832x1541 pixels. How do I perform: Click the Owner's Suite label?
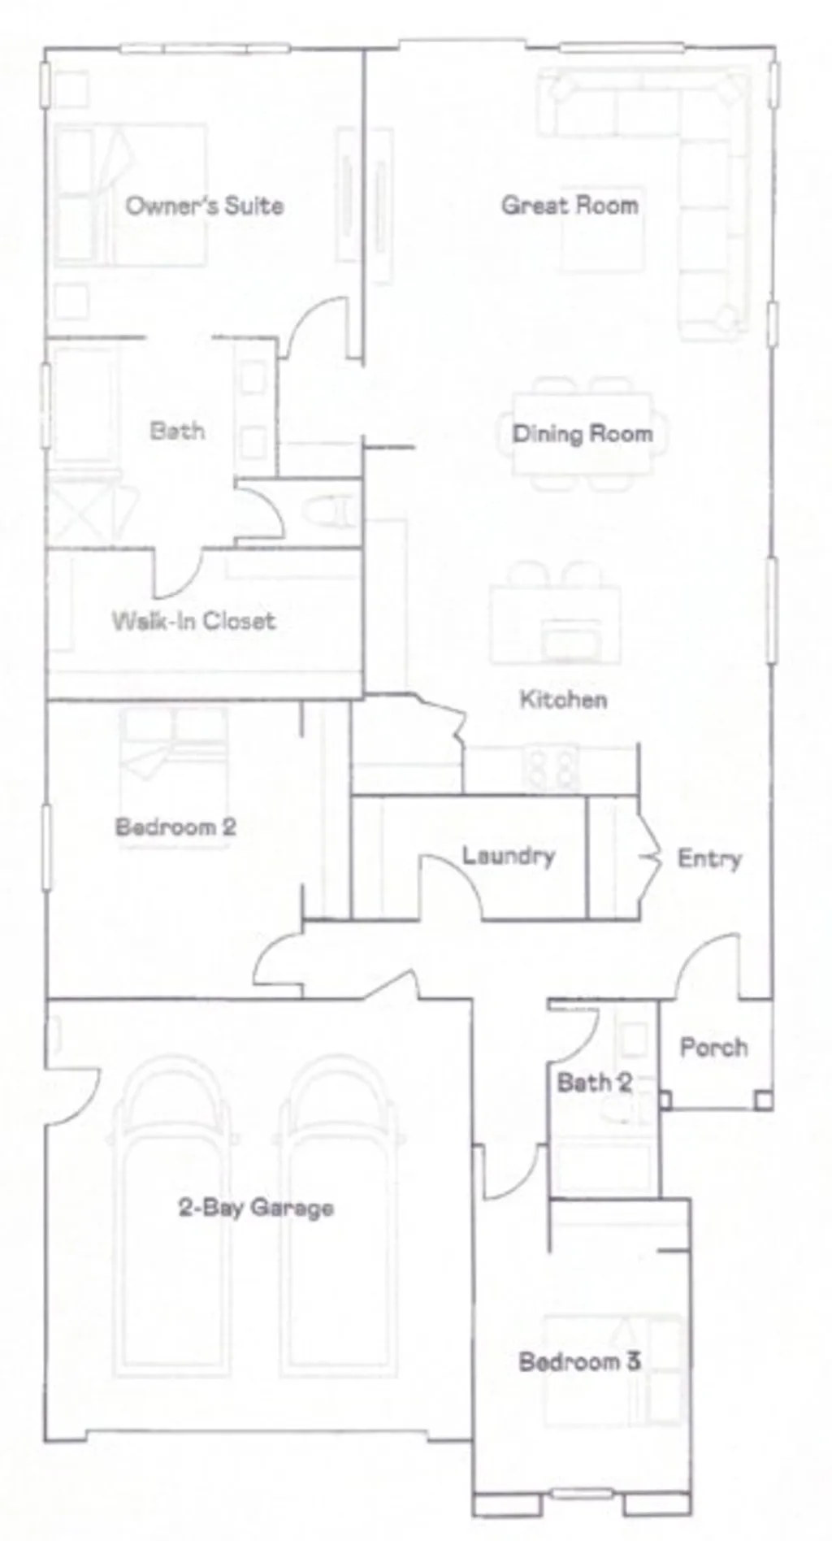tap(205, 205)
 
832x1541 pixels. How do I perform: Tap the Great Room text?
tap(569, 205)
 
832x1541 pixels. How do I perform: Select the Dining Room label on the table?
tap(582, 433)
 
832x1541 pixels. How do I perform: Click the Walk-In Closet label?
tap(193, 621)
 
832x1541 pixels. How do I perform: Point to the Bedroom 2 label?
tap(175, 827)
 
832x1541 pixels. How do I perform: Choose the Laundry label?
tap(509, 855)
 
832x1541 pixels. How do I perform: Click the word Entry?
tap(709, 858)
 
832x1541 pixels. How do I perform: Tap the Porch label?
tap(713, 1047)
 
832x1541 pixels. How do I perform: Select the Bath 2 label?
tap(594, 1082)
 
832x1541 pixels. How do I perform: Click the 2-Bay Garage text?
tap(256, 1207)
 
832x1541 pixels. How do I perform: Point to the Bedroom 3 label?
tap(579, 1361)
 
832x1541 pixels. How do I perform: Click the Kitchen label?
tap(563, 699)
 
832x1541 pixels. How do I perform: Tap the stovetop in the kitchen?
tap(552, 767)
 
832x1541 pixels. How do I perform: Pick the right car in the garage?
tap(340, 1219)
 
